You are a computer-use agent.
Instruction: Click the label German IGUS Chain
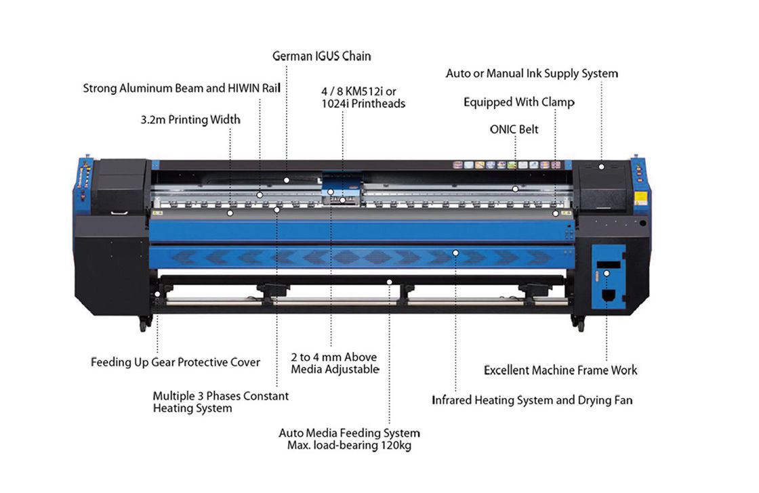pos(321,56)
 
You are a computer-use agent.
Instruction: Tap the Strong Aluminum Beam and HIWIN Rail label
pos(181,88)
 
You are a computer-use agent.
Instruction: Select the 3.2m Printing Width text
pos(190,120)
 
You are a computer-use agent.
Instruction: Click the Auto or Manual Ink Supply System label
pos(531,73)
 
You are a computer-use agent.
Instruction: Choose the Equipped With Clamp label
pos(518,102)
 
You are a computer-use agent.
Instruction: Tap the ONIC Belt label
pos(514,129)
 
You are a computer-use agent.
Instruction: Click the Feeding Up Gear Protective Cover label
pos(176,362)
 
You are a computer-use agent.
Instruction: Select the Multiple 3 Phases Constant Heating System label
pos(220,402)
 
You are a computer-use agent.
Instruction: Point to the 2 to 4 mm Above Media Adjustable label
pos(334,363)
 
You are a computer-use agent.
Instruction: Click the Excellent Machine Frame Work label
pos(560,370)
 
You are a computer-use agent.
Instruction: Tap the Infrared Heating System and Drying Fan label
pos(532,400)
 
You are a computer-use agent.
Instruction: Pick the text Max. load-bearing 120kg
pos(349,446)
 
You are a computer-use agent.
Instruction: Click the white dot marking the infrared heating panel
pos(455,253)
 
